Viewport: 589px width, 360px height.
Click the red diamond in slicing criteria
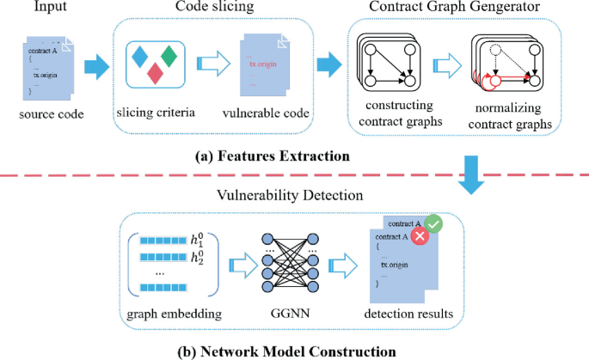[156, 73]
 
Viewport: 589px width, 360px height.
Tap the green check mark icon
[435, 223]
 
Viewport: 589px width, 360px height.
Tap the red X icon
[420, 237]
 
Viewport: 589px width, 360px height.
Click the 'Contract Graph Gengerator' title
[444, 9]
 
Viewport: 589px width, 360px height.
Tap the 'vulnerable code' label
[268, 113]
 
